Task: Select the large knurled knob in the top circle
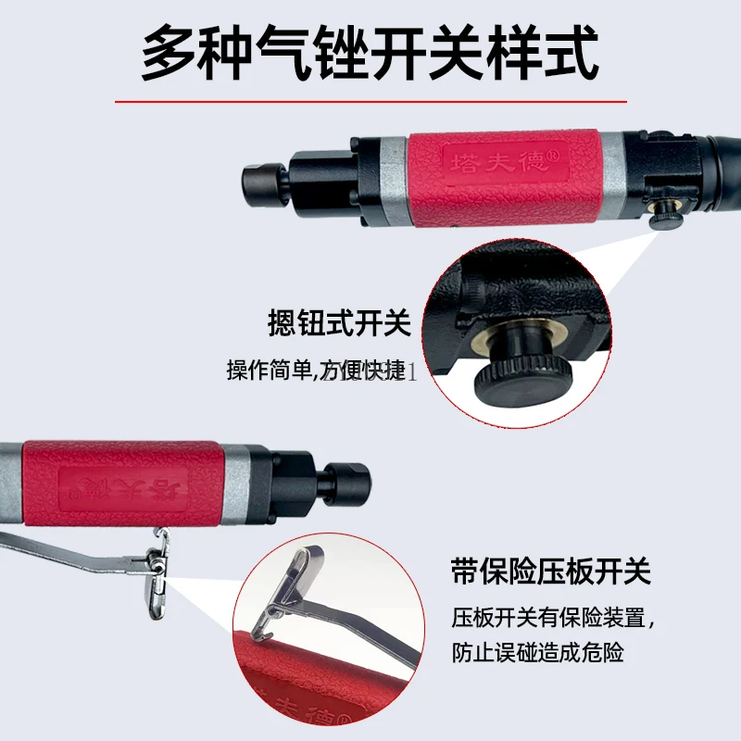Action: tap(524, 376)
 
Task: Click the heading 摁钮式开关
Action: tap(337, 324)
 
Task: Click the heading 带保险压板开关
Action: tap(551, 571)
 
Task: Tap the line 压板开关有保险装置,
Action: tap(553, 617)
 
